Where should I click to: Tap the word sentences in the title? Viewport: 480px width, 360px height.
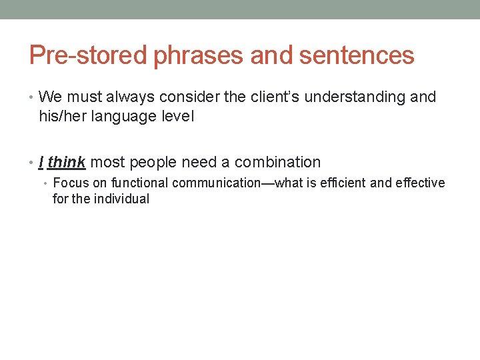pyautogui.click(x=357, y=55)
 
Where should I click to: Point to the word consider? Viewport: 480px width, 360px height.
pyautogui.click(x=166, y=97)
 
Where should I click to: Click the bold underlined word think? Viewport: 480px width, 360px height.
pyautogui.click(x=67, y=162)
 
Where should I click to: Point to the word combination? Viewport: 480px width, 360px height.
pyautogui.click(x=277, y=162)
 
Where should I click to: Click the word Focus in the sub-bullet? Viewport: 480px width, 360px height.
pyautogui.click(x=67, y=183)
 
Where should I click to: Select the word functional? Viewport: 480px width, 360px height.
pyautogui.click(x=141, y=183)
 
